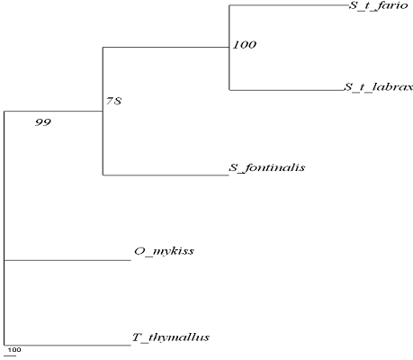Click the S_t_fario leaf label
(x=378, y=5)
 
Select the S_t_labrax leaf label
(x=378, y=87)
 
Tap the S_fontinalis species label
(x=267, y=167)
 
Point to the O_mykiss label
(x=164, y=251)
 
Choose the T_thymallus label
(x=171, y=337)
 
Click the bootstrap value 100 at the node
(x=245, y=45)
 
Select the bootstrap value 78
(x=114, y=101)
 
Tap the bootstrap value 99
(x=43, y=122)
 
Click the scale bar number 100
(x=14, y=349)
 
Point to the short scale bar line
(x=10, y=356)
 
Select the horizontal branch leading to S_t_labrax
(x=286, y=90)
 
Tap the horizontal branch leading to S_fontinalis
(x=166, y=175)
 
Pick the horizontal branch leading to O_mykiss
(x=67, y=260)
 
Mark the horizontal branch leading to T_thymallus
(x=67, y=346)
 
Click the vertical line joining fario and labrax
(x=229, y=48)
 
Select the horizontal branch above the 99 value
(x=54, y=111)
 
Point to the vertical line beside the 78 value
(x=103, y=111)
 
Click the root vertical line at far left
(x=4, y=228)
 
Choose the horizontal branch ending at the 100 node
(x=166, y=47)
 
